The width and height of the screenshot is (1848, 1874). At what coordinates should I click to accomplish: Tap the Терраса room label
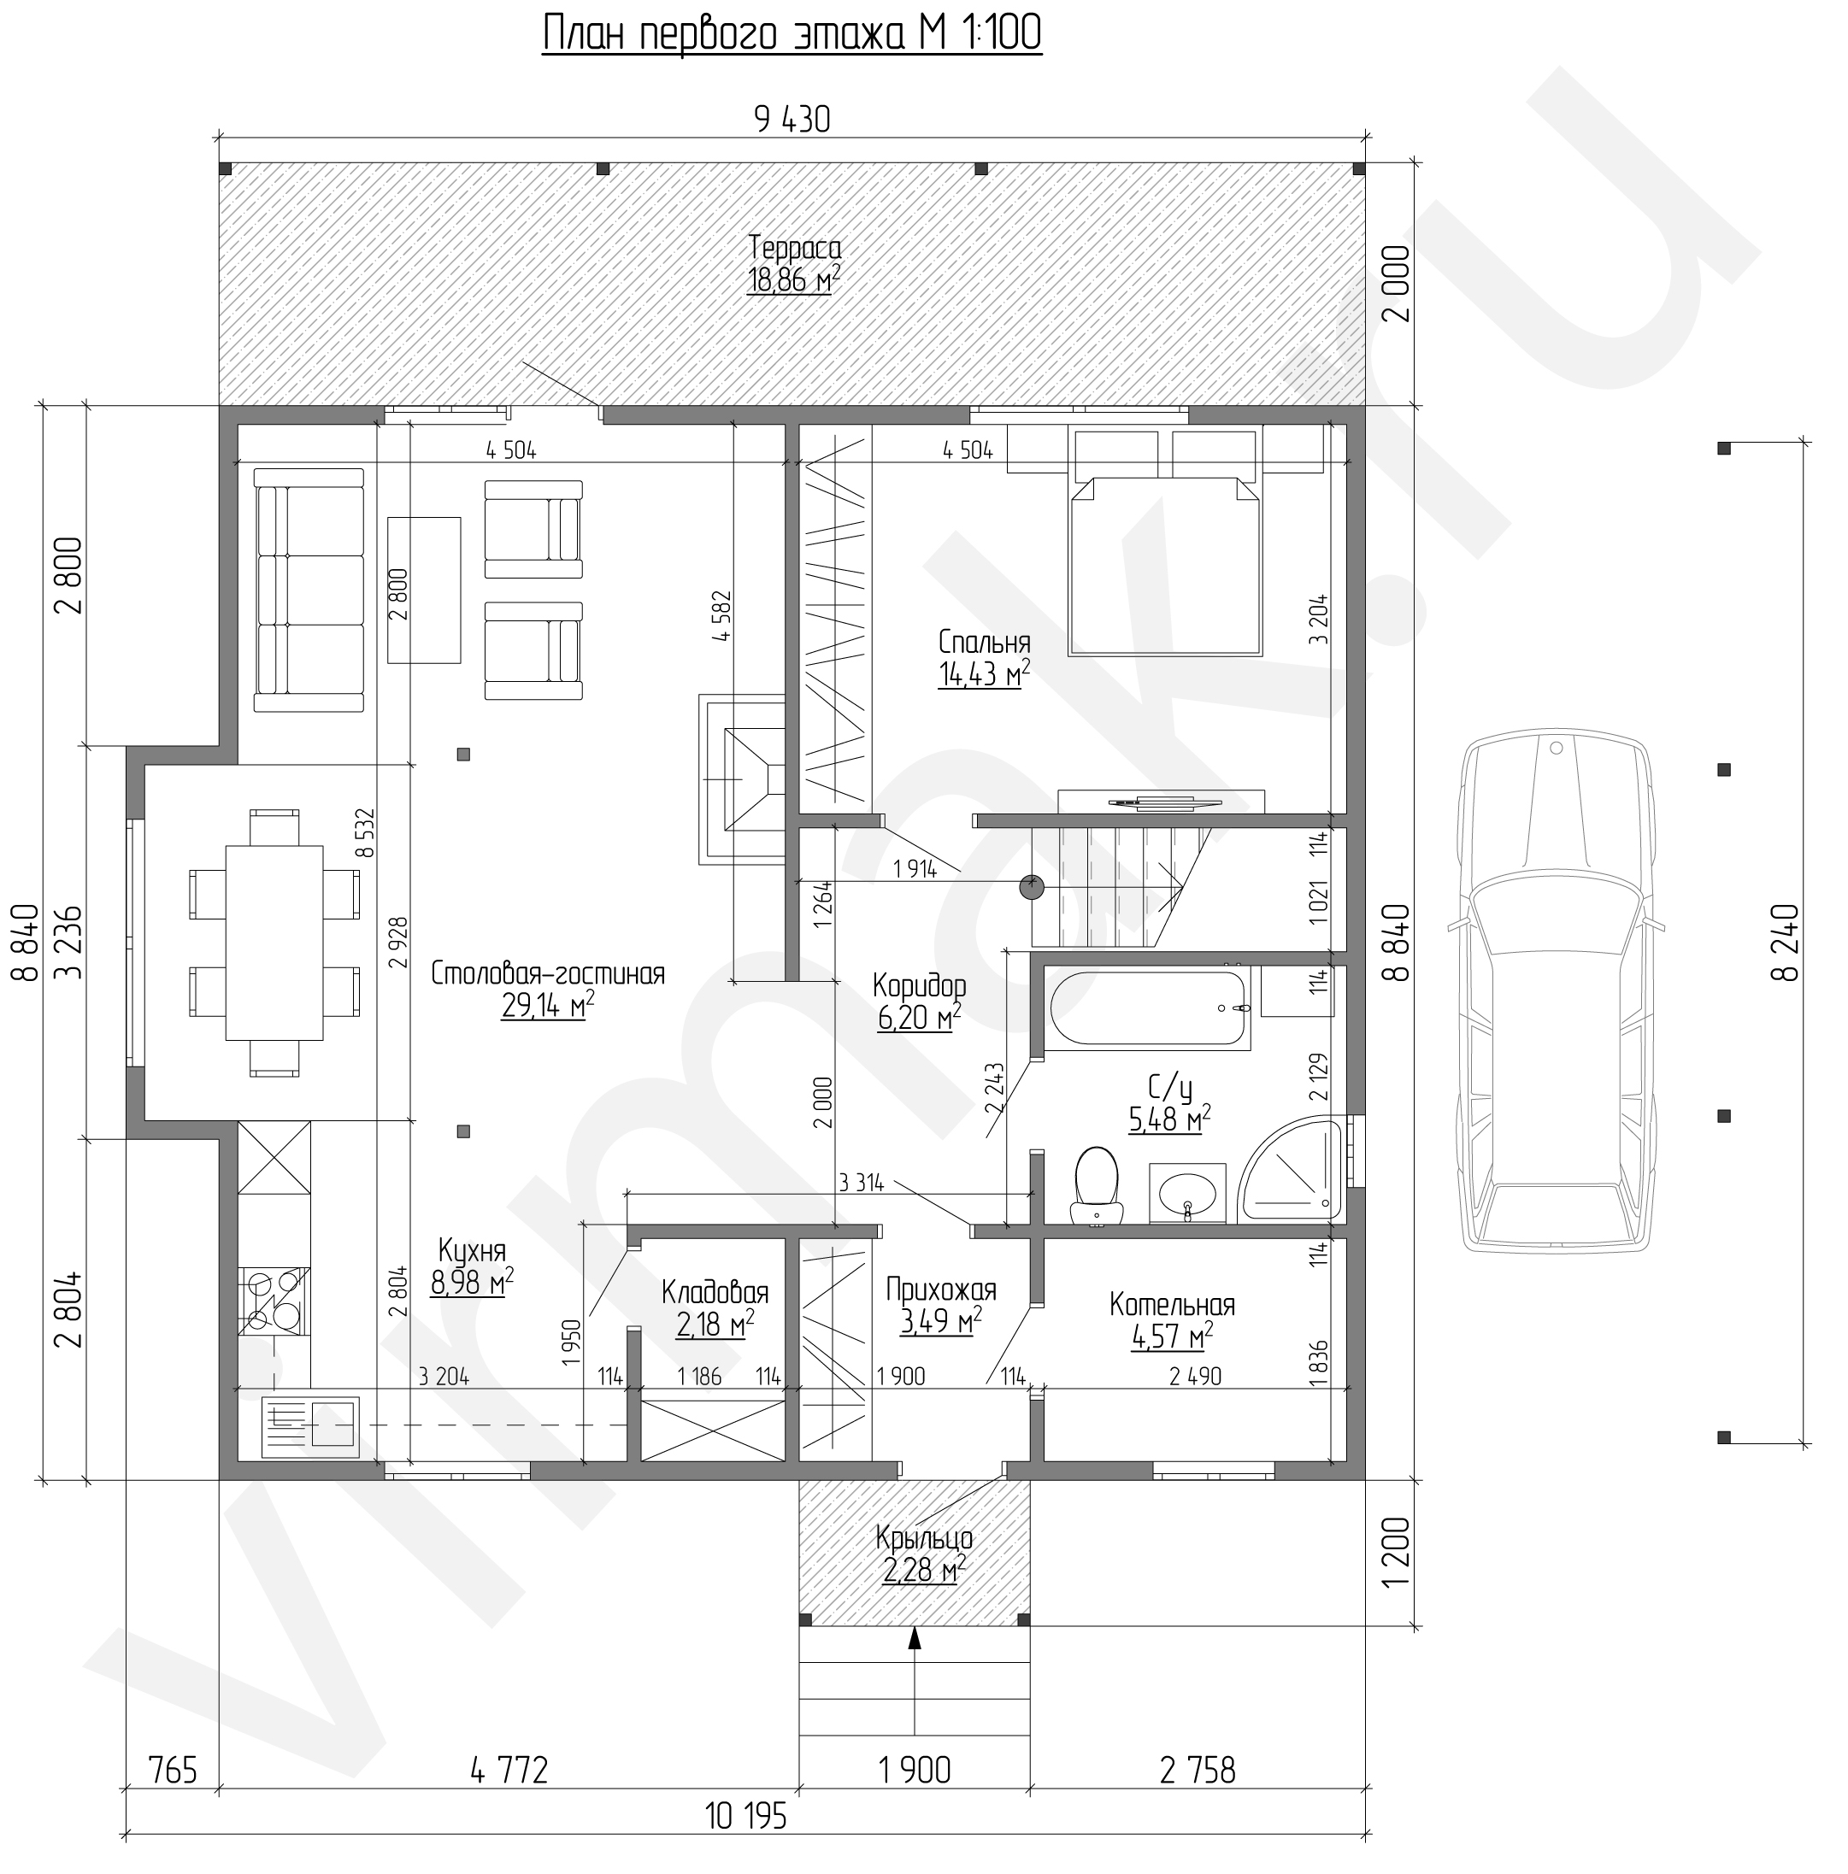coord(793,249)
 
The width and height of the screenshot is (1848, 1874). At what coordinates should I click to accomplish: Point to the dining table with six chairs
coord(274,942)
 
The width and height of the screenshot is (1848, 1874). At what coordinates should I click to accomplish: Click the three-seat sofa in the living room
coord(309,590)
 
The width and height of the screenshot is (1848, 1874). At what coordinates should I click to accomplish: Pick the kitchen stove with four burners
coord(274,1301)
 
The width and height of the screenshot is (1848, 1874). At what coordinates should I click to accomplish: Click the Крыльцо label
coord(923,1537)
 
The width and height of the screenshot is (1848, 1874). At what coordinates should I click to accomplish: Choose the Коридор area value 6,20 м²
coord(919,1018)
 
